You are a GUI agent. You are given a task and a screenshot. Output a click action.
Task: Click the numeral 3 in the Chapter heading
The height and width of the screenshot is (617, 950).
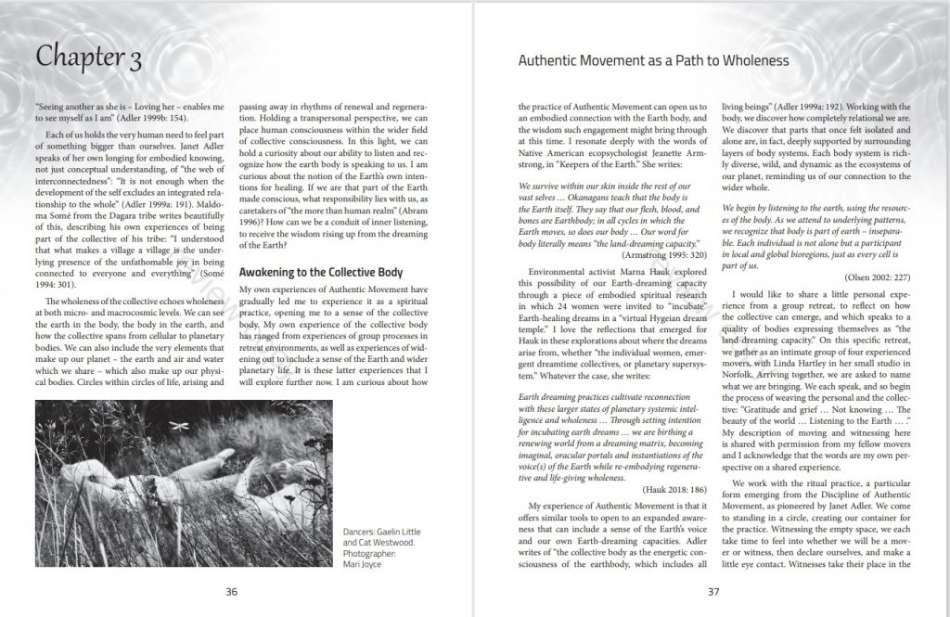(x=134, y=58)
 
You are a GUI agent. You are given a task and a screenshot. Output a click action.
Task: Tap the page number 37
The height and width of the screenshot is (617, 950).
(x=713, y=591)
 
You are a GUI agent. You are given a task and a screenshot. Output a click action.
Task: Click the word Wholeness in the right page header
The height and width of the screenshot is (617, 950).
(x=752, y=61)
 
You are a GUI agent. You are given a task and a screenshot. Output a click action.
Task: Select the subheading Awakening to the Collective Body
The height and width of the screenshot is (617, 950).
(x=321, y=273)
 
